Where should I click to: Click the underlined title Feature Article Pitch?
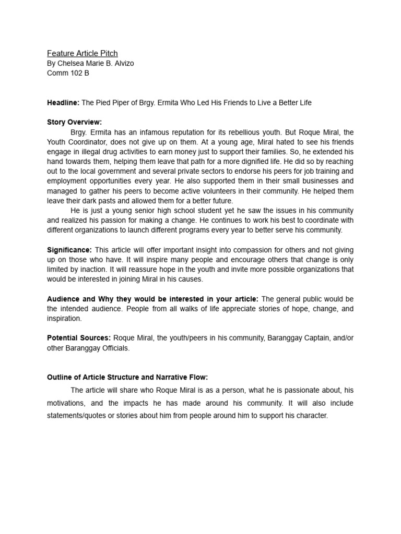click(x=82, y=53)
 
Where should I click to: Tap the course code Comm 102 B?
click(x=68, y=74)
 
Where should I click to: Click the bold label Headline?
click(x=63, y=103)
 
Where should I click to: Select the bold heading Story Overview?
click(x=75, y=122)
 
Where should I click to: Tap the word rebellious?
click(x=248, y=132)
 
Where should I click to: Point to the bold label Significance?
click(x=69, y=250)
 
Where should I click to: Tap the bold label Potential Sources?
click(x=79, y=338)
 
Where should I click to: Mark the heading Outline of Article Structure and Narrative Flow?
click(x=127, y=377)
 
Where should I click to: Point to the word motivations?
click(x=68, y=403)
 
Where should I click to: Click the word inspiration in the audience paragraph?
click(x=64, y=318)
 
